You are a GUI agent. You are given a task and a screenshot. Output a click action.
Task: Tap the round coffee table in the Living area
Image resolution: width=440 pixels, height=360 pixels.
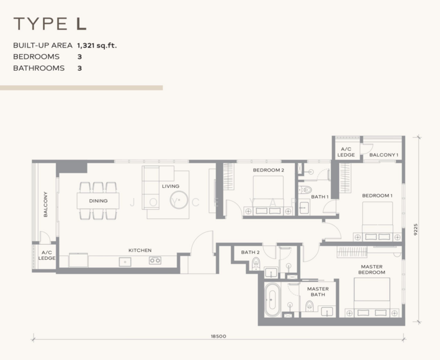179,200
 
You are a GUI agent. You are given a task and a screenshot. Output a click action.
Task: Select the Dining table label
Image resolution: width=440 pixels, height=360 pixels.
98,201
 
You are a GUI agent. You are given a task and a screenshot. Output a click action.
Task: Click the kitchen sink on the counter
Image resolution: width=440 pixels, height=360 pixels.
125,262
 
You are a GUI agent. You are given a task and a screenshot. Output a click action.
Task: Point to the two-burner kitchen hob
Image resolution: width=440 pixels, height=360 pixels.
155,260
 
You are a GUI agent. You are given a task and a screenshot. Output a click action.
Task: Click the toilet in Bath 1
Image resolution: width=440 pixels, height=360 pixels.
305,190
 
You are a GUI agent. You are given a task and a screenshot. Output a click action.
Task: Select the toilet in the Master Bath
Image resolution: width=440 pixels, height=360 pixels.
309,305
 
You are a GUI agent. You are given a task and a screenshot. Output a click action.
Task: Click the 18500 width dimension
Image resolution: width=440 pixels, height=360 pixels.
218,336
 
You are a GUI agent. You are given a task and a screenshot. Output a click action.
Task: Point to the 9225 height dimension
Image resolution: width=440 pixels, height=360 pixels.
415,229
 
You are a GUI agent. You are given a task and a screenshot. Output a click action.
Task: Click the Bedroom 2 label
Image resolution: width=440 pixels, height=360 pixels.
269,170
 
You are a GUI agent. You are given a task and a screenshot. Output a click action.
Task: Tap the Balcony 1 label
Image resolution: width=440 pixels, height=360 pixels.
384,155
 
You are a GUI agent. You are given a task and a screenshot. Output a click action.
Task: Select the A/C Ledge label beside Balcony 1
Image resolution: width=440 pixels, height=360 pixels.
346,152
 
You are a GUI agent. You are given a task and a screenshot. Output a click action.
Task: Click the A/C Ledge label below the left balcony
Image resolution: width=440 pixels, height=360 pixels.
47,255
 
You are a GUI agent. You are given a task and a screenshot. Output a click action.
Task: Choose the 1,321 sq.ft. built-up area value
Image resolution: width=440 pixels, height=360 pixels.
97,45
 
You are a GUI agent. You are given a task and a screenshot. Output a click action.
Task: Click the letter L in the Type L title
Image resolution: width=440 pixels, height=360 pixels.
81,23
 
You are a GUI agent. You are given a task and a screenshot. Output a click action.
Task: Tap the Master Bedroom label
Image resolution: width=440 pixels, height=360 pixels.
372,269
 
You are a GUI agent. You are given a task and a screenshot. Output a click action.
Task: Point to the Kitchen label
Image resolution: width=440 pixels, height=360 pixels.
140,250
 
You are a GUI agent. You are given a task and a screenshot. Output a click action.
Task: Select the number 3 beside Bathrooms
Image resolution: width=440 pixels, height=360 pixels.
80,68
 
